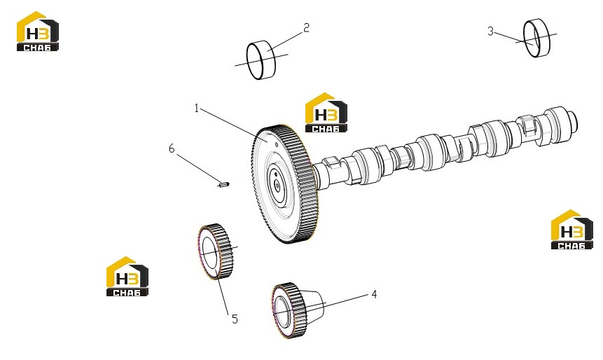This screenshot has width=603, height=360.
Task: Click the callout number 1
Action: [x=197, y=109]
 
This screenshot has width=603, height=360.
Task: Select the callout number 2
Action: [x=306, y=28]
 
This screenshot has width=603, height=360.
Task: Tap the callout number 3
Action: [x=490, y=31]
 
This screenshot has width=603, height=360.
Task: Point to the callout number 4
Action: [x=374, y=294]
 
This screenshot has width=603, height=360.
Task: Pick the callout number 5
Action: [x=235, y=319]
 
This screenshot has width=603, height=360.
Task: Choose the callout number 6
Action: [x=172, y=148]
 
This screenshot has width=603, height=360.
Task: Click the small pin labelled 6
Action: [x=223, y=185]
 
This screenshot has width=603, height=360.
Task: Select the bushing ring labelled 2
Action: [x=261, y=60]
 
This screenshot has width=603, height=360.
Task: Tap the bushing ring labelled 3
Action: [x=536, y=38]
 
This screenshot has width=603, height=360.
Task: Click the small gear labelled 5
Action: [x=215, y=251]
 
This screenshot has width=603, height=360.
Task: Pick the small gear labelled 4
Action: [x=289, y=310]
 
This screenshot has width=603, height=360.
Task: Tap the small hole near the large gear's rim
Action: [x=276, y=144]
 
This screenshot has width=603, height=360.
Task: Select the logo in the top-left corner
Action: [x=38, y=31]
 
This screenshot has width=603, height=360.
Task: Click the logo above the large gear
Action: [x=326, y=113]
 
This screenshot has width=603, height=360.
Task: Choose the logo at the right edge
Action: [x=572, y=230]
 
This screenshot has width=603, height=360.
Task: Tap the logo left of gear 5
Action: [x=127, y=277]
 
